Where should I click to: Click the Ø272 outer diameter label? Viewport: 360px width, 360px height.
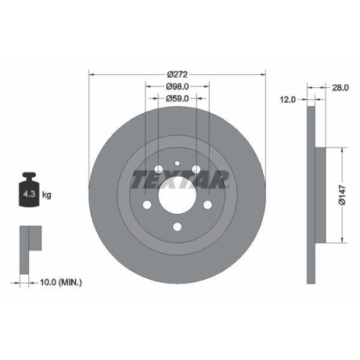pos(177,74)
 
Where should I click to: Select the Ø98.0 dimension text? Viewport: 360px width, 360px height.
pos(177,86)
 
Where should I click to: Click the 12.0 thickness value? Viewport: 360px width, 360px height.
pos(289,101)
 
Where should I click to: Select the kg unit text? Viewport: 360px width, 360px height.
pos(47,195)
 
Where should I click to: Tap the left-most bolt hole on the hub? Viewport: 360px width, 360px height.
pos(147,207)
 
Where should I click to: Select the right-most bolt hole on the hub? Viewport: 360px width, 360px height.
pos(207,207)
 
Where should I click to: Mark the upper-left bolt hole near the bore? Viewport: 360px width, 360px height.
pos(158,171)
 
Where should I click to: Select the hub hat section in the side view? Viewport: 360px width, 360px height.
pos(321,195)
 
